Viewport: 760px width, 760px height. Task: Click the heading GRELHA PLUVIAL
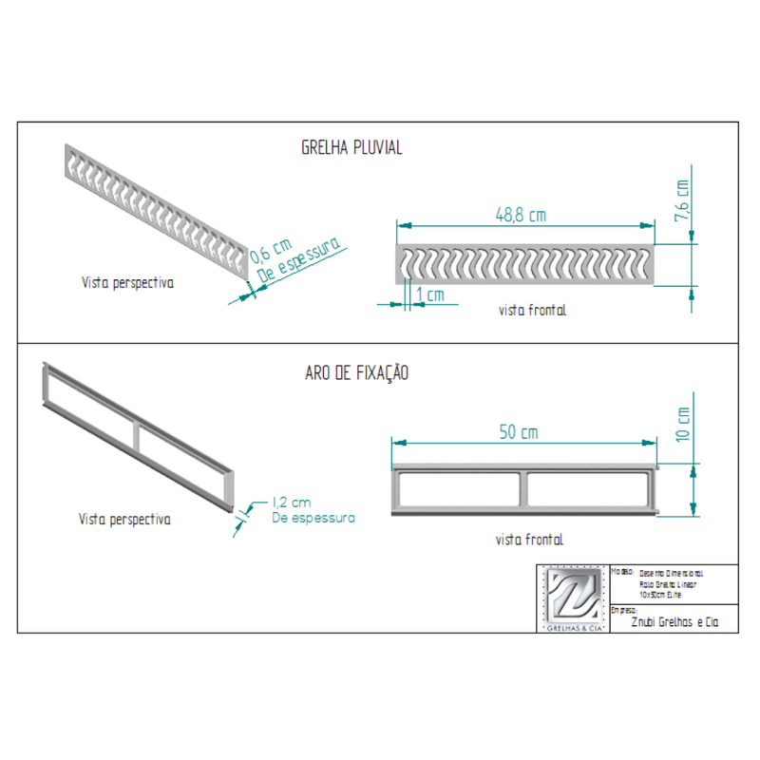click(351, 148)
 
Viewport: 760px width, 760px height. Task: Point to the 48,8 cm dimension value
click(520, 215)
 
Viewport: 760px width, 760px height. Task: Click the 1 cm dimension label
click(430, 295)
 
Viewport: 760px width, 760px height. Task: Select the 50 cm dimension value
click(518, 432)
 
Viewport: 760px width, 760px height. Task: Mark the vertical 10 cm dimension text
click(682, 425)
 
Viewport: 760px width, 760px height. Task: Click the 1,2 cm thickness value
click(292, 502)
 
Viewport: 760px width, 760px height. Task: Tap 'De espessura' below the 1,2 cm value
click(313, 518)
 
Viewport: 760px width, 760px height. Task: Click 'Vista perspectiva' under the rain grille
click(126, 283)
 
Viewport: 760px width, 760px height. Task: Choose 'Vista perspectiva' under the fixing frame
click(124, 520)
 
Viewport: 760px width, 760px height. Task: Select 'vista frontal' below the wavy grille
click(532, 310)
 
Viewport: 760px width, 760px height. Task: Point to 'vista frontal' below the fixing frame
click(529, 539)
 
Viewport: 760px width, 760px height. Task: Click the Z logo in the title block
click(573, 596)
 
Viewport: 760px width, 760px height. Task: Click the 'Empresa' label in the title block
click(624, 610)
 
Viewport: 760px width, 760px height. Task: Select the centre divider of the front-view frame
click(523, 488)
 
